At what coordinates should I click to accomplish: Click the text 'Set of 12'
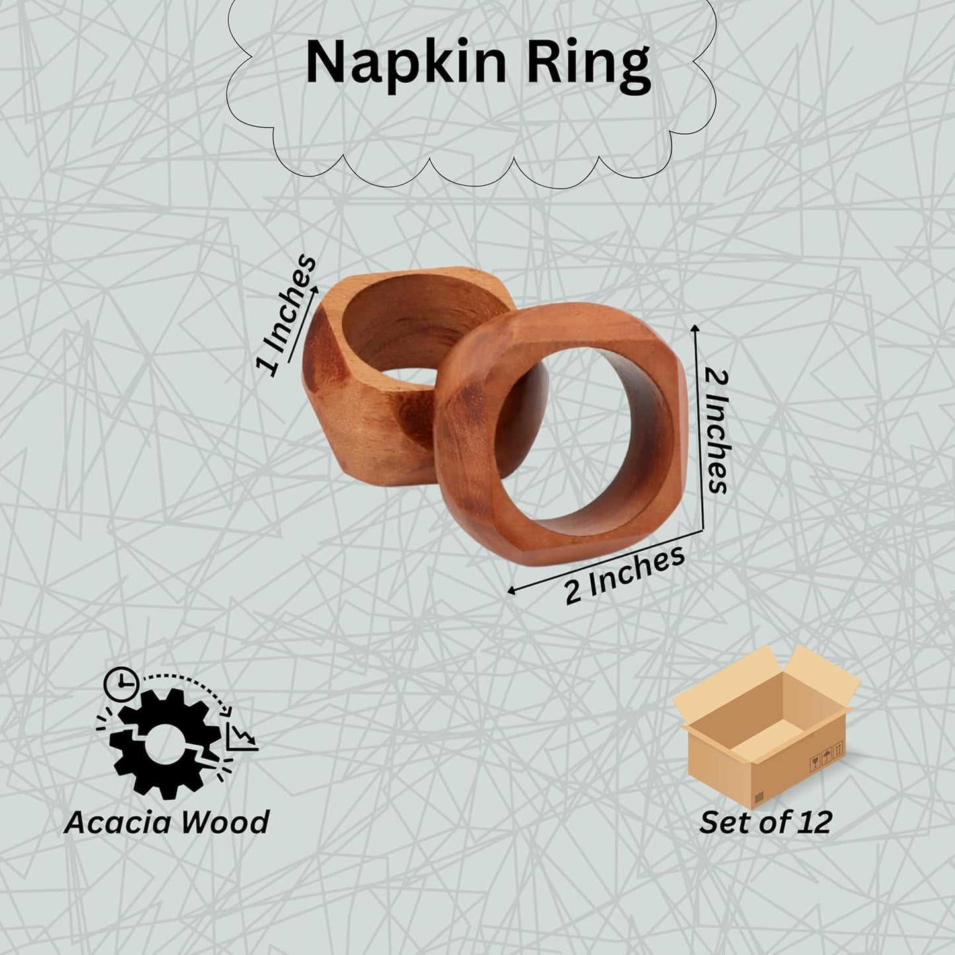pos(765,822)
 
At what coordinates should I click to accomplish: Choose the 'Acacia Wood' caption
pos(167,823)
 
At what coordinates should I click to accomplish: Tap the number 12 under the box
pos(812,822)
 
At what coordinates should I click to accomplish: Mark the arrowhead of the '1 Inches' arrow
pos(315,289)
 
